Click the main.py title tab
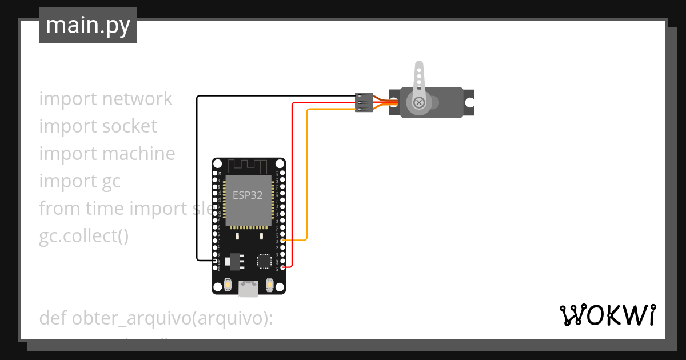pos(88,25)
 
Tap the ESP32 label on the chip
pos(248,195)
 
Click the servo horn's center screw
pos(420,102)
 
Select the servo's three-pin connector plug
pos(364,102)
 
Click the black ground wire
pos(197,171)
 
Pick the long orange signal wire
pos(308,171)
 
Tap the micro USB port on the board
pos(248,289)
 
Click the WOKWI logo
pos(607,315)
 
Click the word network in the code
pos(137,99)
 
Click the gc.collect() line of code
pos(83,236)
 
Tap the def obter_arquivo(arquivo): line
pos(155,318)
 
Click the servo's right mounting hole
pos(469,102)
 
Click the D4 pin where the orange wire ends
pos(282,240)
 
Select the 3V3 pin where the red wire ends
pos(282,267)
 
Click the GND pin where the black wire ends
pos(215,261)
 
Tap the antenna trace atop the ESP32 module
pos(248,166)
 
